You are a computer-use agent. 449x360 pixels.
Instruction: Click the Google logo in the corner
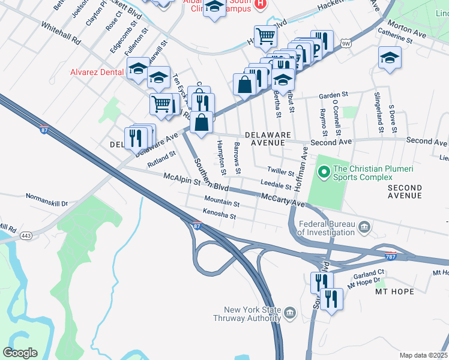20,353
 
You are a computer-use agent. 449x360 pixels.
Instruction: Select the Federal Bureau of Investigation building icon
364,226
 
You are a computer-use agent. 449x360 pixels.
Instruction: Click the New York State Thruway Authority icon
289,313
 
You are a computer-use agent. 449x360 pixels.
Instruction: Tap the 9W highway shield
345,44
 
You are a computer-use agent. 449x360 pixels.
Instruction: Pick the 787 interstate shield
391,255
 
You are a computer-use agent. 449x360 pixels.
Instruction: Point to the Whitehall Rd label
61,34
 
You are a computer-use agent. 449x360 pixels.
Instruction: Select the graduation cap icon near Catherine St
390,58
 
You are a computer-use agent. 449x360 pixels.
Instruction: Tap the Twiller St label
280,172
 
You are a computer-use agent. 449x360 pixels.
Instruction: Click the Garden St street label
333,95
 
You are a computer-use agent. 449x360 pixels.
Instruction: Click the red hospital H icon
260,4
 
